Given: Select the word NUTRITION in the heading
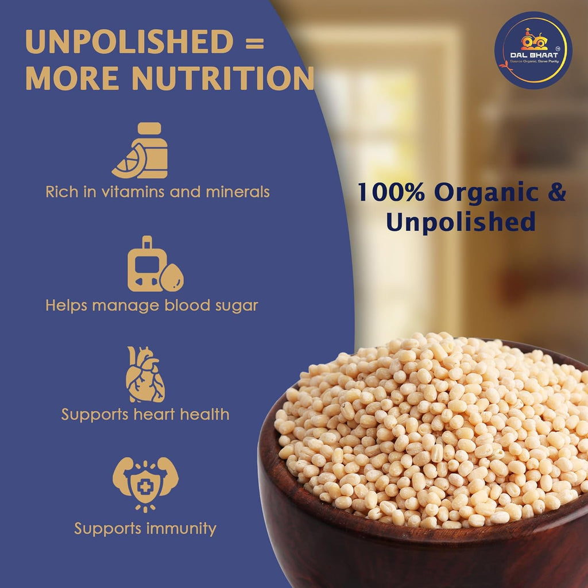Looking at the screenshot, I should point(223,78).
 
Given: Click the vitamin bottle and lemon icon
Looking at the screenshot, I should point(141,150).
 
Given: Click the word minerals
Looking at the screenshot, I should point(237,192).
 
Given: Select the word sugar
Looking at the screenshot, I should point(237,305).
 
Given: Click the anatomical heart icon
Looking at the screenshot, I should point(145,374).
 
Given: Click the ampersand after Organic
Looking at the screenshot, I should point(555,193).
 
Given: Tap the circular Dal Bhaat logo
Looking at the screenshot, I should point(533,49).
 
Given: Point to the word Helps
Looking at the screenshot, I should point(67,305).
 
